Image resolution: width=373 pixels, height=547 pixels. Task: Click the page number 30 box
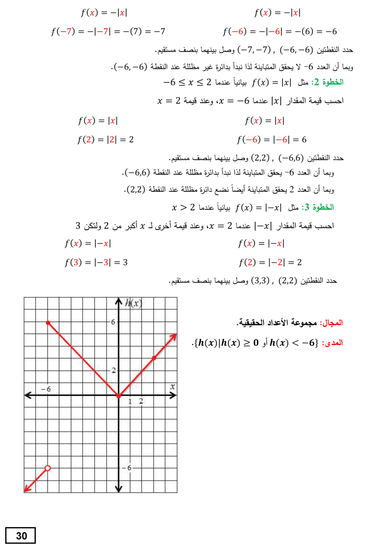[21, 536]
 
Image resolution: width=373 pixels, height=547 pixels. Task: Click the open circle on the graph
[48, 468]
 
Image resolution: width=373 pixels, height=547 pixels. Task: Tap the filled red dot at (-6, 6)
[48, 323]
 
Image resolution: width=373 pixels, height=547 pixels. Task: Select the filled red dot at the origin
[118, 395]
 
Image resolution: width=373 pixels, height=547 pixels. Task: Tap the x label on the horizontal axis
[173, 387]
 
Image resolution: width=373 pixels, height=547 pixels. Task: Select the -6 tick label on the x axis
[46, 388]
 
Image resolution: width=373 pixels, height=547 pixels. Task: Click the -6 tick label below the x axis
[125, 468]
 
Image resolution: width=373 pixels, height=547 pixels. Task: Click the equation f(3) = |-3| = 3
[96, 263]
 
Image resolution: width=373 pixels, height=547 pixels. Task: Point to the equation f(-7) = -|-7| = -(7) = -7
[108, 32]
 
